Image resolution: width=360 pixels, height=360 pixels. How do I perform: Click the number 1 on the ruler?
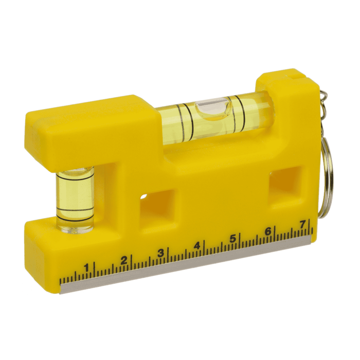86,267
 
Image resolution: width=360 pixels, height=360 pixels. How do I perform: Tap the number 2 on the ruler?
123,260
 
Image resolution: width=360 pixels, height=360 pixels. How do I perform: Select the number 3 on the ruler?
160,253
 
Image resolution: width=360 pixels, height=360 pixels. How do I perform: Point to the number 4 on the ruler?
197,245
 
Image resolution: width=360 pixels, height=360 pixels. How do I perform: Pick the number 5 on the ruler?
232,238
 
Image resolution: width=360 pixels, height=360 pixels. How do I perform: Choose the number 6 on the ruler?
268,231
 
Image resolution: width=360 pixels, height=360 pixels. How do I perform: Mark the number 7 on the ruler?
303,224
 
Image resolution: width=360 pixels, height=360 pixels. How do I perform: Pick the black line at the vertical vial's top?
75,176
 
